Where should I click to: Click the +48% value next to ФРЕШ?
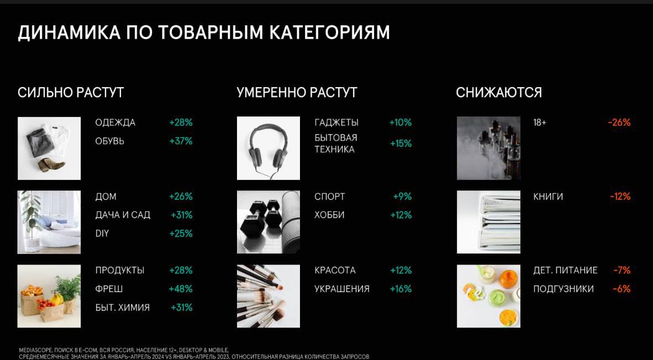181,289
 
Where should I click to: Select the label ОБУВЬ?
109,141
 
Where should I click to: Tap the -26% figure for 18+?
619,123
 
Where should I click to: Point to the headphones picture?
268,148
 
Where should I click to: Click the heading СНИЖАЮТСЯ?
499,92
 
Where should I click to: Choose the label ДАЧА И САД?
123,215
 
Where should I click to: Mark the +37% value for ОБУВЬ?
181,141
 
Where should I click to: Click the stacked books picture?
488,222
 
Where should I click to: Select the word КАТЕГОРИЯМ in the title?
330,33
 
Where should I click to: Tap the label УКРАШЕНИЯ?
342,289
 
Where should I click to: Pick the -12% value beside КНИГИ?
620,197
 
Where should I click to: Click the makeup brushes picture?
268,296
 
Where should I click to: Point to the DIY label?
102,234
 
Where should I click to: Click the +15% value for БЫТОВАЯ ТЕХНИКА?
401,144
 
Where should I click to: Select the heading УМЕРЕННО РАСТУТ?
297,92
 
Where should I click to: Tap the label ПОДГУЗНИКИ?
564,289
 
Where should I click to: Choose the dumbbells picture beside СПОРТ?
268,222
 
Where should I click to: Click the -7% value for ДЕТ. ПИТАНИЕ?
622,271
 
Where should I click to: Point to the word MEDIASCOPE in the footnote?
31,351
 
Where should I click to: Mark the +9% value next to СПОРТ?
402,197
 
